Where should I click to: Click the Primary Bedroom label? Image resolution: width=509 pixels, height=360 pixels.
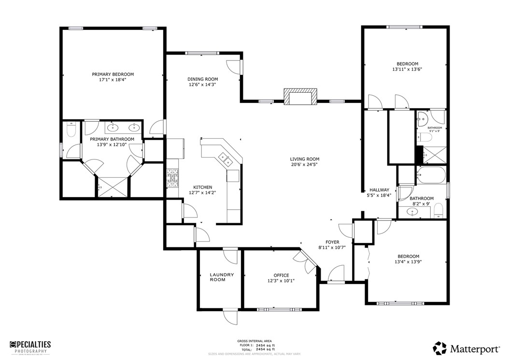click(113, 74)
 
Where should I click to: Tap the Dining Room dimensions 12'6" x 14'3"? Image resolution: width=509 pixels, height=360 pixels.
click(202, 85)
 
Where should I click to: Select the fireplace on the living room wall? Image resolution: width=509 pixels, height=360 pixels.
click(300, 97)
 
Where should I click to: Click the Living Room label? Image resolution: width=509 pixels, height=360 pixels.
click(304, 159)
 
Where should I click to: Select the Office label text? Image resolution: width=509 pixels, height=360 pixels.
click(281, 275)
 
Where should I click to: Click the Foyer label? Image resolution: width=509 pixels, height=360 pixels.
click(332, 242)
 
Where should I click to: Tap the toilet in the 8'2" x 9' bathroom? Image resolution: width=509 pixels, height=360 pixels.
click(438, 210)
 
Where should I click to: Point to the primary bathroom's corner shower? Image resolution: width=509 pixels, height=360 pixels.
click(113, 186)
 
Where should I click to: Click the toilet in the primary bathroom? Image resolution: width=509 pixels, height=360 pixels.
click(71, 130)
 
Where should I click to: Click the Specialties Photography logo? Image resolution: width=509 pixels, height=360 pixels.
click(30, 346)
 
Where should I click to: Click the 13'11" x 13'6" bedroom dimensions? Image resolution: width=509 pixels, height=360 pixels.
click(407, 70)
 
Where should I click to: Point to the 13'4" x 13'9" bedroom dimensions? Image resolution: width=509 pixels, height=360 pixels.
click(408, 262)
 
